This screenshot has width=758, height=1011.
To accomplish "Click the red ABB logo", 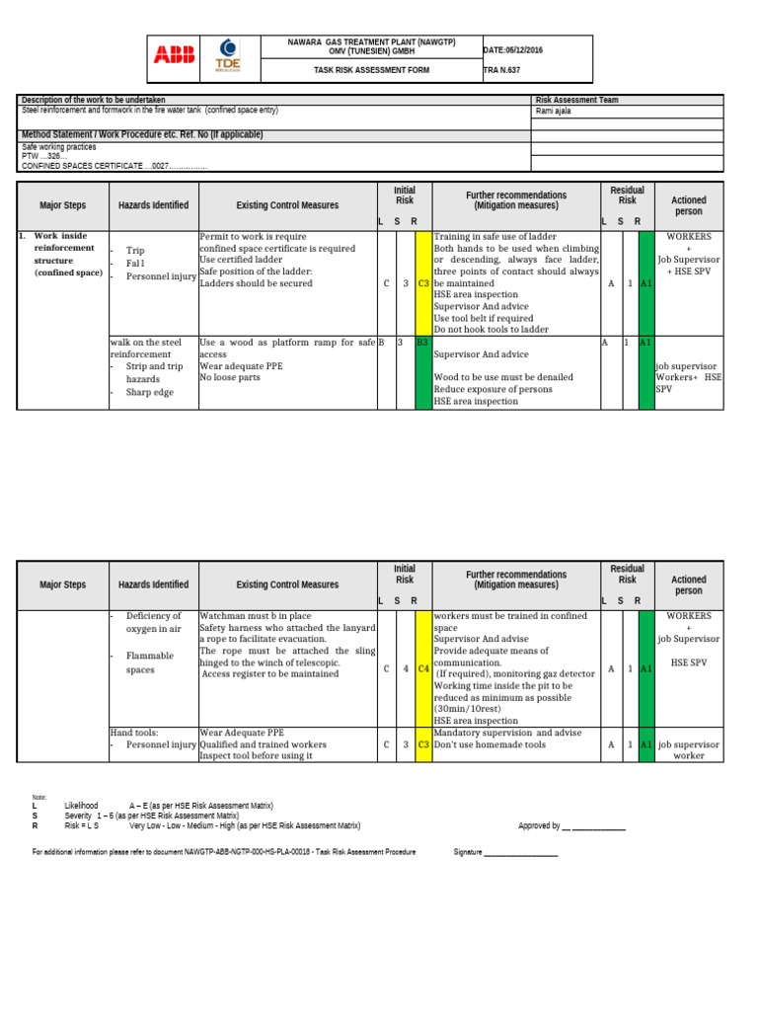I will pyautogui.click(x=174, y=55).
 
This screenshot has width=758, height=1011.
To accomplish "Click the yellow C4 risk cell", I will pyautogui.click(x=422, y=668).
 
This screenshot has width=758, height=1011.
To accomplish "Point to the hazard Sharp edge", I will pyautogui.click(x=149, y=392).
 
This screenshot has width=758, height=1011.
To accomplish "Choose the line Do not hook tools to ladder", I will pyautogui.click(x=491, y=330).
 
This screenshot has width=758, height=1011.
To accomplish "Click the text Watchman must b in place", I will pyautogui.click(x=255, y=617).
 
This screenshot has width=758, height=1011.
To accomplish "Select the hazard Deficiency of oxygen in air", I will pyautogui.click(x=153, y=622).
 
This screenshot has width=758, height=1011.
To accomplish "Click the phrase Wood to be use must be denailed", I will pyautogui.click(x=503, y=377).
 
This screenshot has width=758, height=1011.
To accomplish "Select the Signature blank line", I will pyautogui.click(x=520, y=851).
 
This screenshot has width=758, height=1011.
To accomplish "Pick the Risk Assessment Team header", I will pyautogui.click(x=576, y=100).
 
